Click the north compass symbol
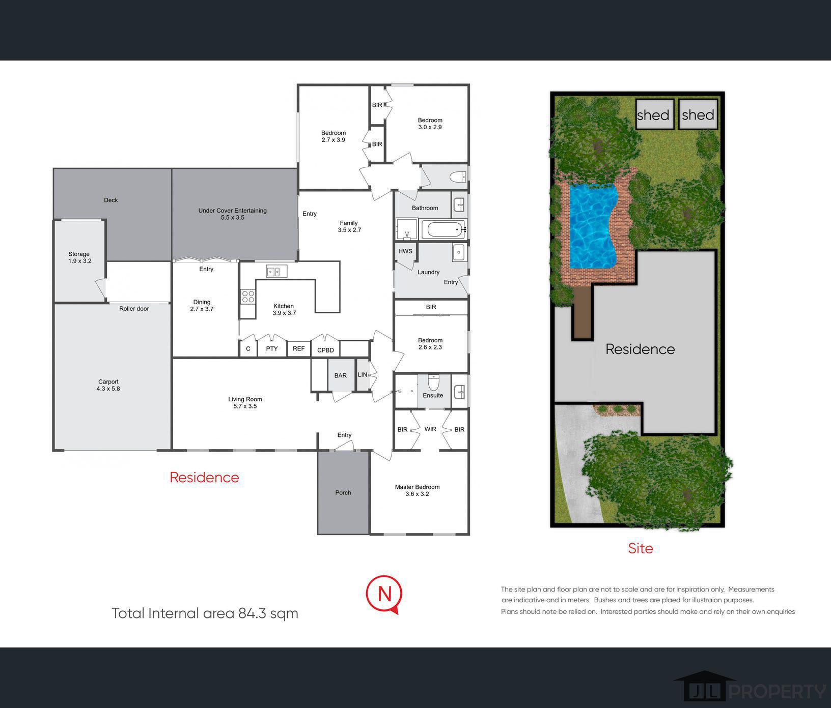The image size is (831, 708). click(384, 595)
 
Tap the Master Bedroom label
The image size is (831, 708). click(417, 490)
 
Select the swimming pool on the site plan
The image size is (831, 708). click(593, 226)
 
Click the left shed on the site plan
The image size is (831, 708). click(655, 114)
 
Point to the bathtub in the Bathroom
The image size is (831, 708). click(444, 229)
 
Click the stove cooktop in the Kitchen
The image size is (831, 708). click(248, 297)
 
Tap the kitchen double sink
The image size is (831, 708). click(276, 272)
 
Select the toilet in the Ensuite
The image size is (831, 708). click(433, 381)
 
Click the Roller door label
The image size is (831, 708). click(134, 309)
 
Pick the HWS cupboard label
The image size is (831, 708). click(405, 251)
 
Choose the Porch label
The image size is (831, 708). click(343, 492)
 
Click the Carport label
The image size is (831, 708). click(108, 385)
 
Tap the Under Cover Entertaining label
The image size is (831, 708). click(233, 214)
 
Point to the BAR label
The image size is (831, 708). click(341, 376)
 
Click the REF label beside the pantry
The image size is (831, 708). click(299, 348)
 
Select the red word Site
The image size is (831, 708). click(641, 548)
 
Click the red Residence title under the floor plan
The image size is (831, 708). click(204, 477)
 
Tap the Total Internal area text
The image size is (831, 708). click(205, 613)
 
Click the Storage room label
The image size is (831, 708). click(79, 257)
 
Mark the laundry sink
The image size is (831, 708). click(459, 252)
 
